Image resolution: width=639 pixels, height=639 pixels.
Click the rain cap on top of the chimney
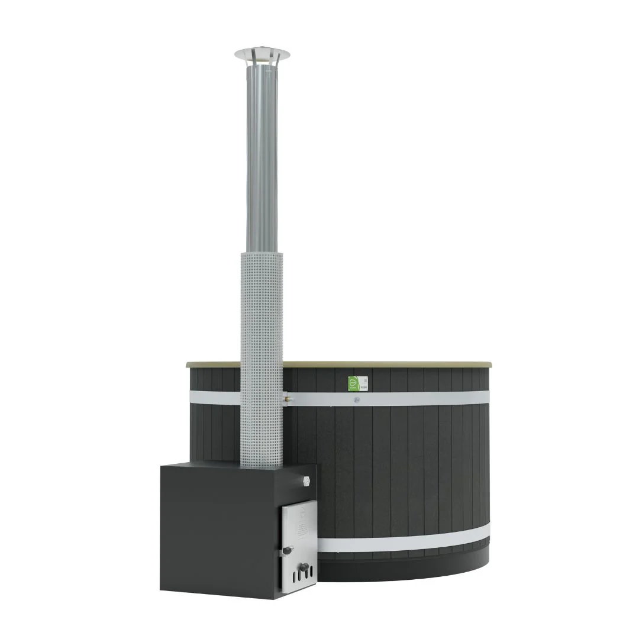click(x=262, y=54)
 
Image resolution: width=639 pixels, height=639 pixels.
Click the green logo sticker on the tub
click(x=353, y=383)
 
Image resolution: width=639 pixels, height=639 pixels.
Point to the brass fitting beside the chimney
click(x=288, y=399)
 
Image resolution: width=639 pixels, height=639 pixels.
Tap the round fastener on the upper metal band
click(x=356, y=400)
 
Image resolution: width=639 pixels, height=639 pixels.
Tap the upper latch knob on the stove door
click(x=288, y=550)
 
